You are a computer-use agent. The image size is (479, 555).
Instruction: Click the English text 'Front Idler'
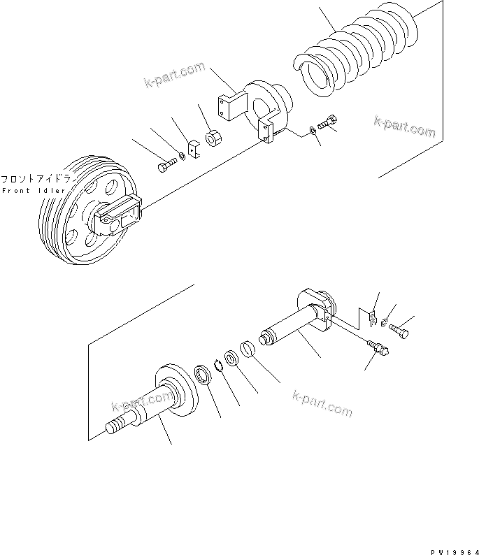click(x=34, y=191)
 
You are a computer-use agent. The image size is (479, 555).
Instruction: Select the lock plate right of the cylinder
click(x=373, y=318)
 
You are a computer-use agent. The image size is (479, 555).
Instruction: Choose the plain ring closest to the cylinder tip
click(x=248, y=347)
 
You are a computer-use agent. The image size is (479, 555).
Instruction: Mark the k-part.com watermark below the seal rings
click(x=322, y=403)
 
